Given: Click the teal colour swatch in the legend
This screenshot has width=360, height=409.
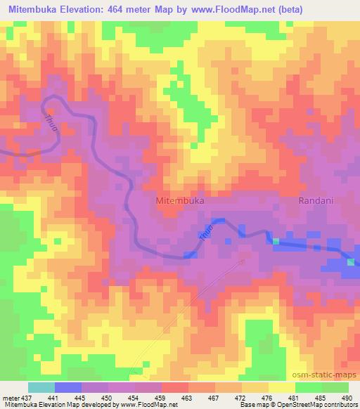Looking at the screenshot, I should (x=41, y=387).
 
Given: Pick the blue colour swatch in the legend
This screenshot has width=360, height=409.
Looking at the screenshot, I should (x=68, y=387).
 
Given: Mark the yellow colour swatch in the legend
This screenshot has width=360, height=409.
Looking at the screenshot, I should (x=281, y=387).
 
